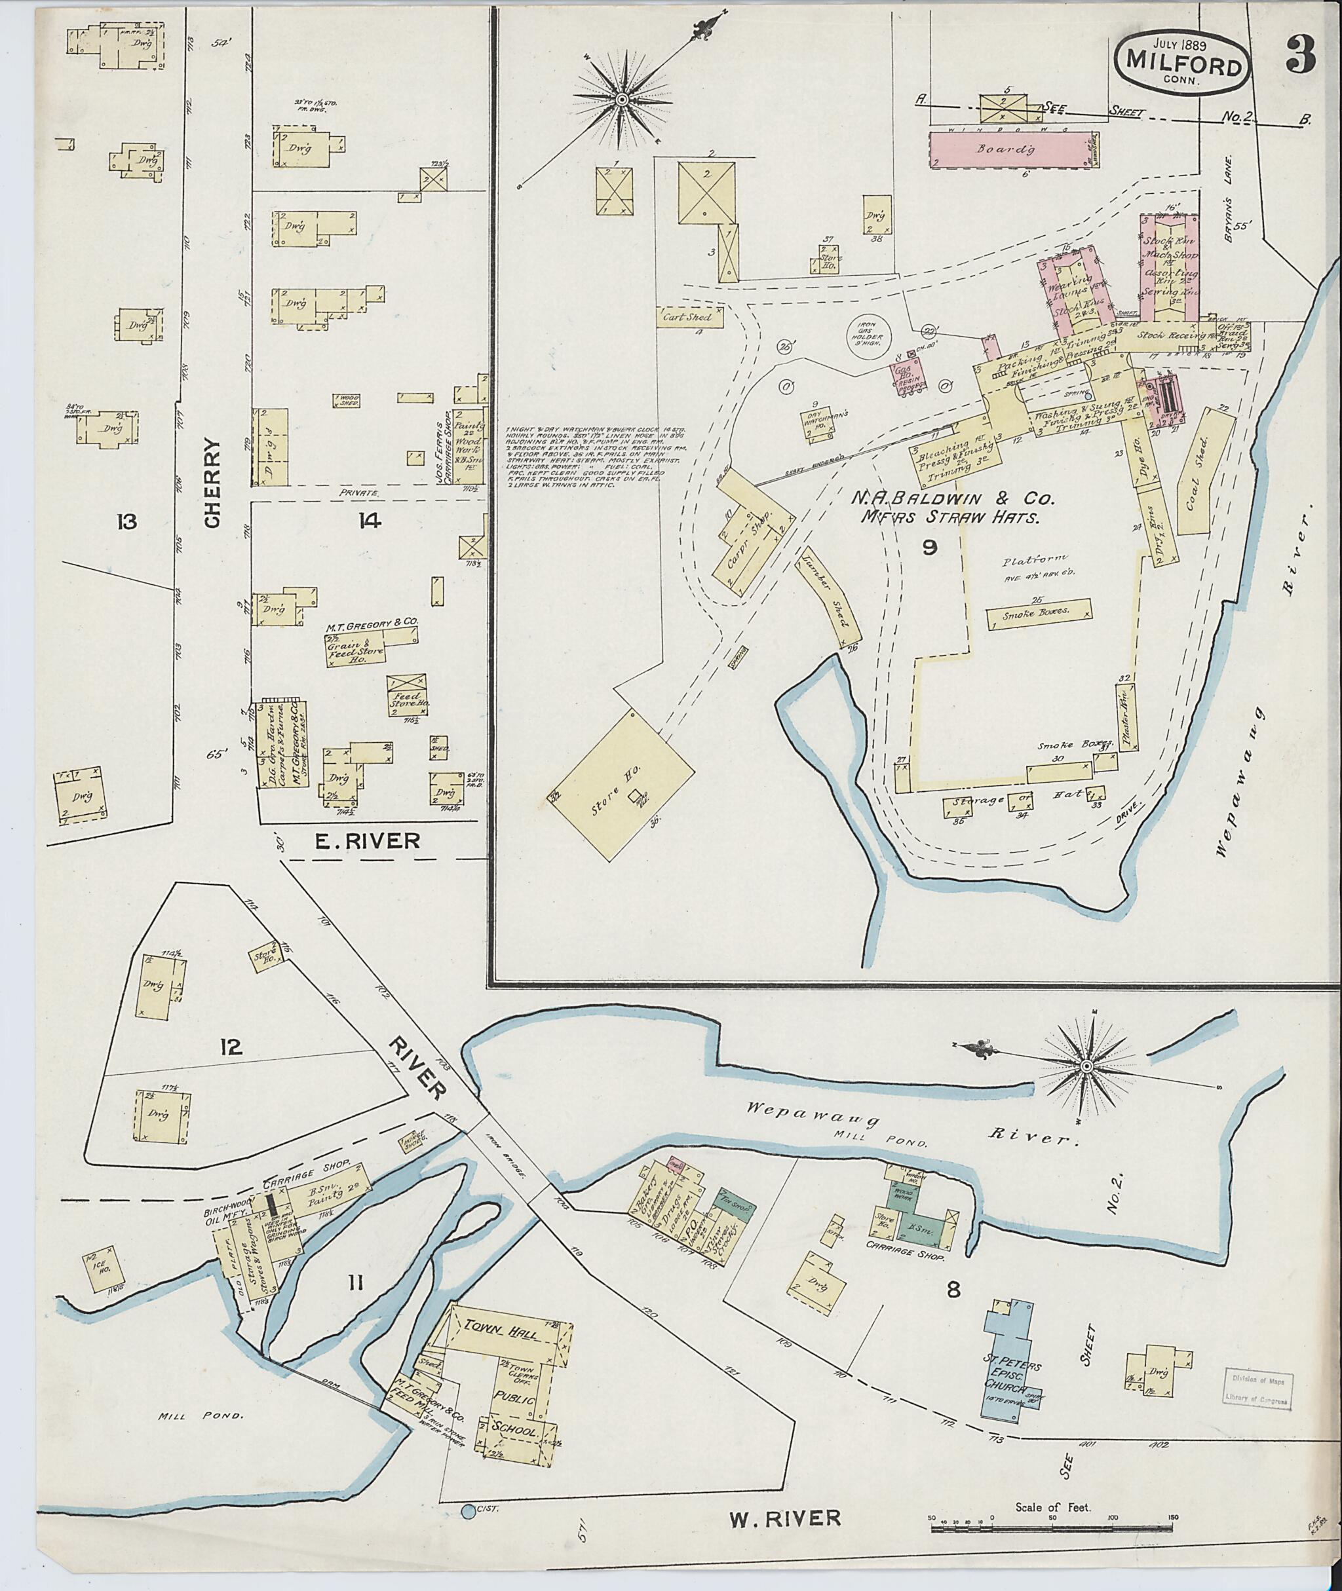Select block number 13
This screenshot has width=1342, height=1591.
127,522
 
